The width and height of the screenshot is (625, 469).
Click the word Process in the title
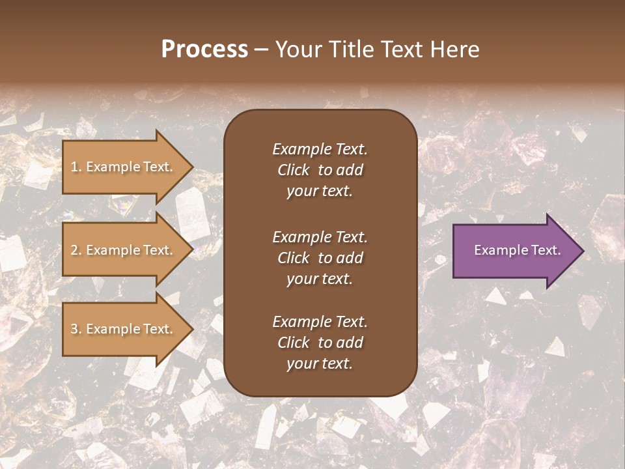point(204,50)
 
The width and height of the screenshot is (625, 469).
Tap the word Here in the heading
point(455,50)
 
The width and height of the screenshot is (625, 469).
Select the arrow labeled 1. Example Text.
point(124,167)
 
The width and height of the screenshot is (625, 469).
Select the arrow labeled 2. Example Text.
point(124,250)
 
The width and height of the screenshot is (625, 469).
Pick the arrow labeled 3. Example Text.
point(124,329)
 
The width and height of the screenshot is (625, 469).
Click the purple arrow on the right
point(514,251)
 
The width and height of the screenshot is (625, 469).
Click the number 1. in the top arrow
point(76,167)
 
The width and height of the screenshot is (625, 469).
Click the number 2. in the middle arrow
point(76,250)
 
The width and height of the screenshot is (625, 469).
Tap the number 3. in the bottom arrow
point(76,329)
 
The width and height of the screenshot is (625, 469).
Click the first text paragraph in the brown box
point(320,170)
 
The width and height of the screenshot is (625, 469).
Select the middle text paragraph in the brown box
point(320,258)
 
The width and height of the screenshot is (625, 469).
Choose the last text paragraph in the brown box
point(320,343)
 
